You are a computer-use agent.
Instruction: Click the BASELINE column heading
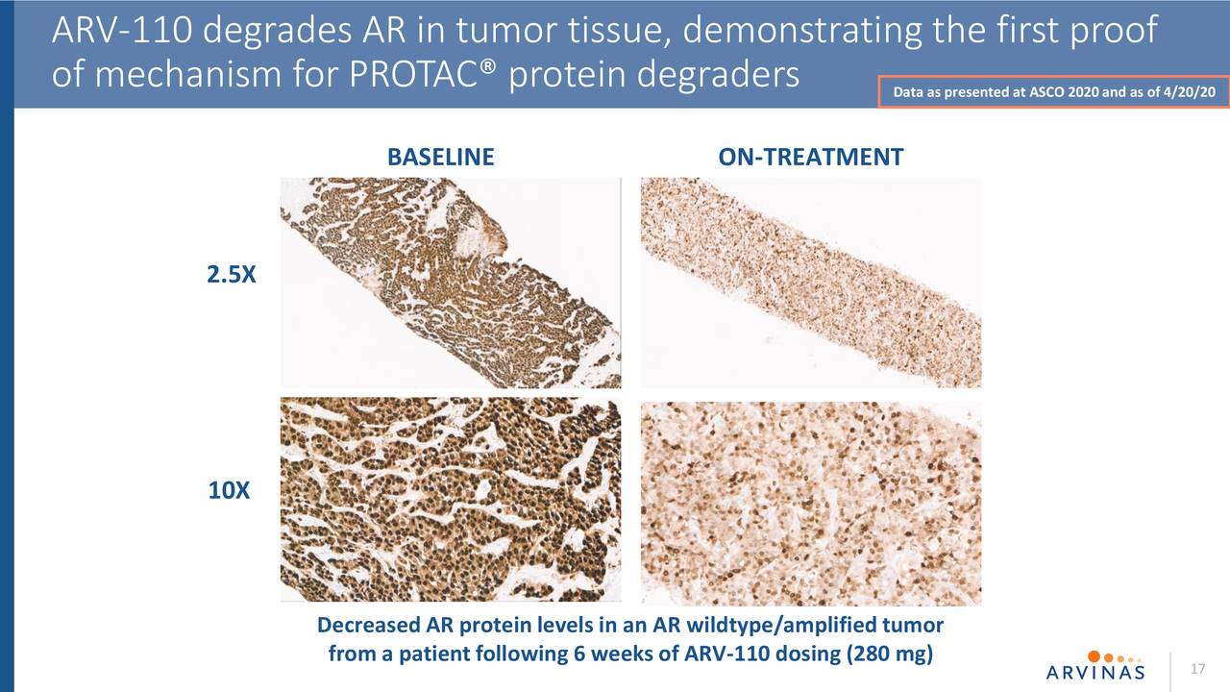[440, 157]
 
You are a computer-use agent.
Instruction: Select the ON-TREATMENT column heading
[810, 157]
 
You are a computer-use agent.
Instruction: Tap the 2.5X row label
[232, 274]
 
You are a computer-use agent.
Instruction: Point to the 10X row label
[229, 490]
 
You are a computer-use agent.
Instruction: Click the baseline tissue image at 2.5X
[451, 283]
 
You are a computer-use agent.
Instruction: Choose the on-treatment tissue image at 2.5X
[811, 283]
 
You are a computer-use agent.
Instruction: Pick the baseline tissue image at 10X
[451, 500]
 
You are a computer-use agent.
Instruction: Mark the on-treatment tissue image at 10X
[811, 504]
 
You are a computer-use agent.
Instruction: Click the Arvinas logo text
[1095, 672]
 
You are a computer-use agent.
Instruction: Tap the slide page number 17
[1197, 668]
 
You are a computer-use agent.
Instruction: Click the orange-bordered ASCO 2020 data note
[1054, 91]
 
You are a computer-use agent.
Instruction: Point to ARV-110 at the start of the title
[122, 30]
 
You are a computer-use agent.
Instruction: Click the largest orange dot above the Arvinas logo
[1094, 656]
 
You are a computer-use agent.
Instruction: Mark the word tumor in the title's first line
[506, 30]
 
